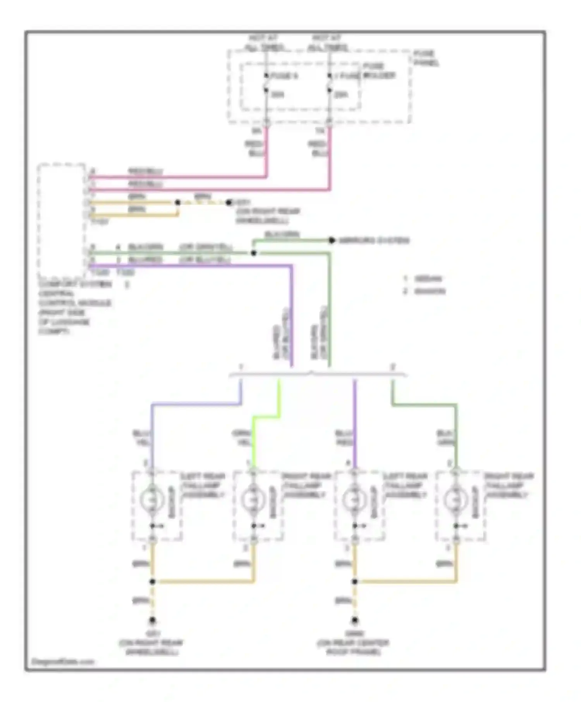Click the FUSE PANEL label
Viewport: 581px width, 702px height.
click(426, 58)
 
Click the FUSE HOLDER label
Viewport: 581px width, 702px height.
click(378, 71)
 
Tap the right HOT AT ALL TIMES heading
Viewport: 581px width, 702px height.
click(328, 43)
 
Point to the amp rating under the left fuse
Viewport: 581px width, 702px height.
click(277, 94)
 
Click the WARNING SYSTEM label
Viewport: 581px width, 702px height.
click(374, 240)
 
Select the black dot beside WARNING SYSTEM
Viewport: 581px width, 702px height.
click(332, 240)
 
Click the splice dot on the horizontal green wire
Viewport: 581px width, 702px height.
click(254, 253)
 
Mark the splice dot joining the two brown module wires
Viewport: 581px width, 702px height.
click(177, 202)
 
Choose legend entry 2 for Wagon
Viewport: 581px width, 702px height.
click(425, 291)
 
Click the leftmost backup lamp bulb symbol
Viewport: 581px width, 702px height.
click(152, 500)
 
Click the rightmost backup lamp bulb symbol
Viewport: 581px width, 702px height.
click(456, 500)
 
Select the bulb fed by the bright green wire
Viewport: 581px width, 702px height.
click(253, 500)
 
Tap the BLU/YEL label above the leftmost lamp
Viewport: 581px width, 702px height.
click(142, 438)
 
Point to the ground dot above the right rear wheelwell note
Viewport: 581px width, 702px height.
click(152, 620)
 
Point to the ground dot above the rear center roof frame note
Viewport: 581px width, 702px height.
click(354, 620)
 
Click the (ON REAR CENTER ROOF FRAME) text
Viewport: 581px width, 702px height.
click(353, 647)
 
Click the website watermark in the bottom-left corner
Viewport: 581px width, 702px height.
click(62, 661)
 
